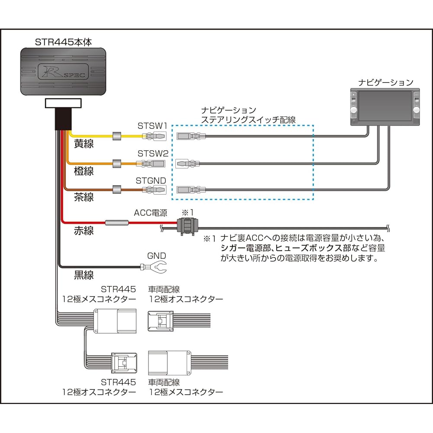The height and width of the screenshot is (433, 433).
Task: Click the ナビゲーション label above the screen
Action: point(385,82)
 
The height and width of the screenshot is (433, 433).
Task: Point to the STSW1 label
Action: point(152,126)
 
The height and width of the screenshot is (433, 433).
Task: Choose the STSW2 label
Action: point(152,154)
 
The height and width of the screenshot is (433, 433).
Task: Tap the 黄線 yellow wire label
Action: point(84,144)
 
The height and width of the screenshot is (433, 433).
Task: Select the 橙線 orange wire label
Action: point(84,171)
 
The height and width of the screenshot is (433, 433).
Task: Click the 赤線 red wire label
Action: point(84,230)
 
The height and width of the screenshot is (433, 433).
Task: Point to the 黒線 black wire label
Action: point(84,275)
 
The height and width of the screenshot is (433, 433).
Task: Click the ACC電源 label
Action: point(150,213)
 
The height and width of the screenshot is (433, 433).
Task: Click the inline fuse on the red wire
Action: point(117,223)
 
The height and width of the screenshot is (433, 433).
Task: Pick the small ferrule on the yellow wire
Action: point(116,136)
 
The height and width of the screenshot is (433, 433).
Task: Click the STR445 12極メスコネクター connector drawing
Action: point(115,321)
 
